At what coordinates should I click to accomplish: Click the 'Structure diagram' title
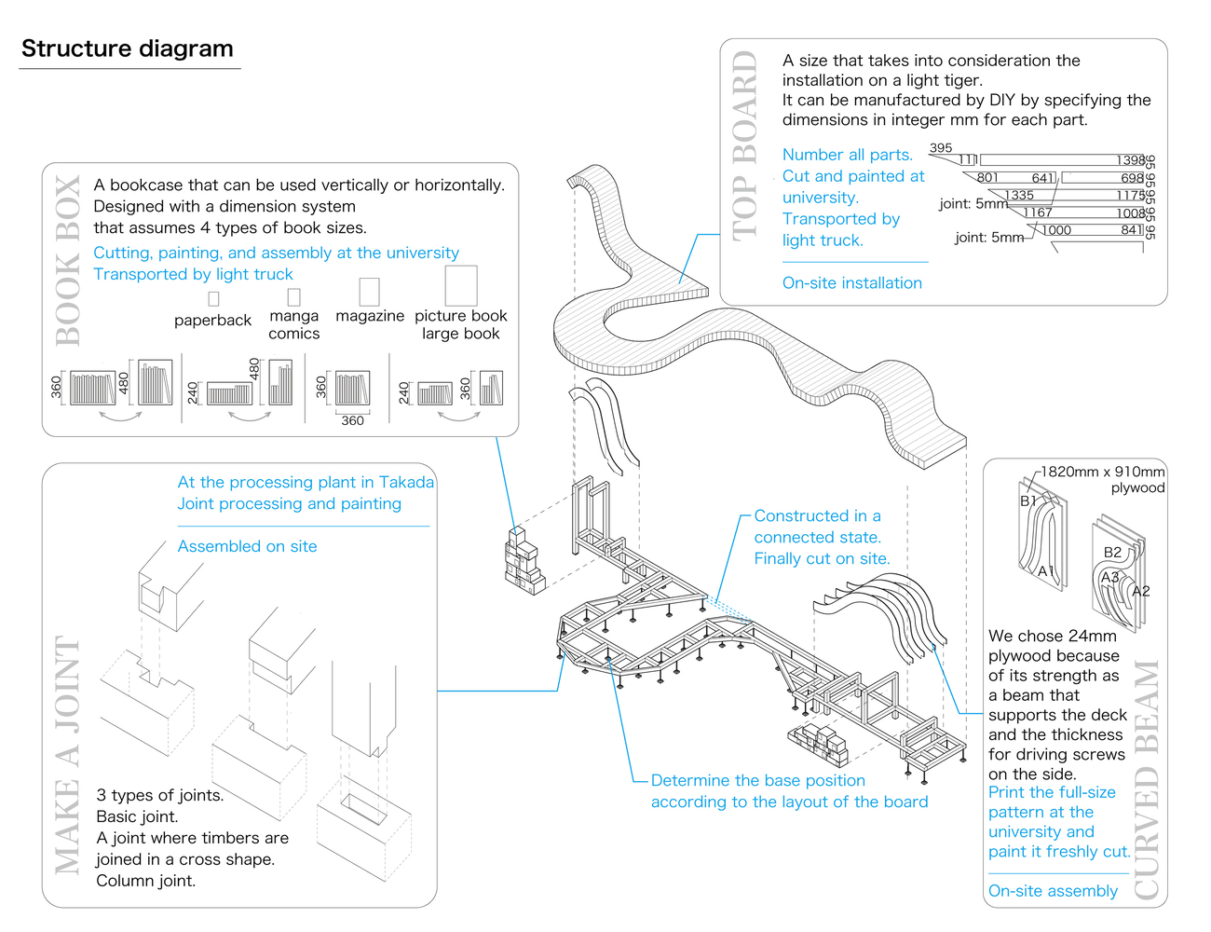point(128,49)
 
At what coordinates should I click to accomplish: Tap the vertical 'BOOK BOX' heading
point(69,261)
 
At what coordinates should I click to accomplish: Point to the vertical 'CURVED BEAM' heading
point(1147,779)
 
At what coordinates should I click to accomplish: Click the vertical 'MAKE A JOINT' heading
point(67,755)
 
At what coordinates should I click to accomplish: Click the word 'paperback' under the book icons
point(212,321)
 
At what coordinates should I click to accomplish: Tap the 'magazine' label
point(370,316)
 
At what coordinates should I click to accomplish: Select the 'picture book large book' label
point(461,324)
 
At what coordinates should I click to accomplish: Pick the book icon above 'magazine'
point(369,291)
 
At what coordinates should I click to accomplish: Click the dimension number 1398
point(1130,160)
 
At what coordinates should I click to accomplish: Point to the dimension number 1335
point(1019,196)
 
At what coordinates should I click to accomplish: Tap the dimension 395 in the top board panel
point(941,148)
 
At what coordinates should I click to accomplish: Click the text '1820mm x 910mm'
point(1102,472)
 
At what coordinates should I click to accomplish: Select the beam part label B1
point(1028,500)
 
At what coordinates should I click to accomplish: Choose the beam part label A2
point(1140,591)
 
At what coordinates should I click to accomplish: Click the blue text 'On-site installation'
point(851,283)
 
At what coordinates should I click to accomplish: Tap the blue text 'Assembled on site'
point(247,546)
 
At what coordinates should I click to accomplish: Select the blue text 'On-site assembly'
point(1053,891)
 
